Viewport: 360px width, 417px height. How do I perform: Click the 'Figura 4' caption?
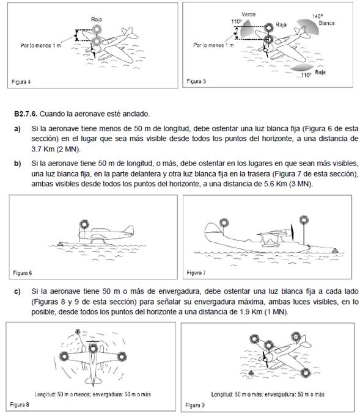click(21, 82)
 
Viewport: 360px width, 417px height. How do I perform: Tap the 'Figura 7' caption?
click(196, 272)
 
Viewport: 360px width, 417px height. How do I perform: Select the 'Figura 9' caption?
click(195, 405)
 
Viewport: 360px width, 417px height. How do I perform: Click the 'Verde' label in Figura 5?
click(248, 15)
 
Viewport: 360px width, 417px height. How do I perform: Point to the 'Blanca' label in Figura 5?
click(327, 23)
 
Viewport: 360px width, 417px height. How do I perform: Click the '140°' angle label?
click(318, 16)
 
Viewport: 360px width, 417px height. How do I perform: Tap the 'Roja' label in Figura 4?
click(97, 20)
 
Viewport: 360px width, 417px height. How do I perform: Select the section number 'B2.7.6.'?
click(26, 114)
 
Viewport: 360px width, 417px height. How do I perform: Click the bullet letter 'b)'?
click(17, 163)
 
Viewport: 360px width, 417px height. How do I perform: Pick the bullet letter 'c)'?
click(17, 292)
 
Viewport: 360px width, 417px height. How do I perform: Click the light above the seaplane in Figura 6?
click(84, 224)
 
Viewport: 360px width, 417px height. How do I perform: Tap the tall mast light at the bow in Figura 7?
click(304, 220)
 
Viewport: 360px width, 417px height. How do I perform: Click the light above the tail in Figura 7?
click(224, 222)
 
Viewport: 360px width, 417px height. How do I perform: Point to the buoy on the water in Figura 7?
click(335, 250)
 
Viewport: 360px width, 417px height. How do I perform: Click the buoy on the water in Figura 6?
click(60, 244)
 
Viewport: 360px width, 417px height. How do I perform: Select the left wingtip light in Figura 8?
click(64, 356)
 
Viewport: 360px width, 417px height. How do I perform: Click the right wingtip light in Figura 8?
click(122, 357)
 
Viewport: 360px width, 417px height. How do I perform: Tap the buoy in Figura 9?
click(251, 373)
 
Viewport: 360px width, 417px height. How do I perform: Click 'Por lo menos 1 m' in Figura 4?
click(41, 45)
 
